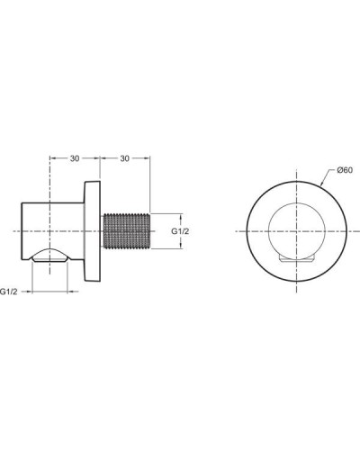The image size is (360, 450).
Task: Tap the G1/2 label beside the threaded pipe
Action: (181, 232)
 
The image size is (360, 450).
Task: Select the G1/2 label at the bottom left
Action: (12, 292)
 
